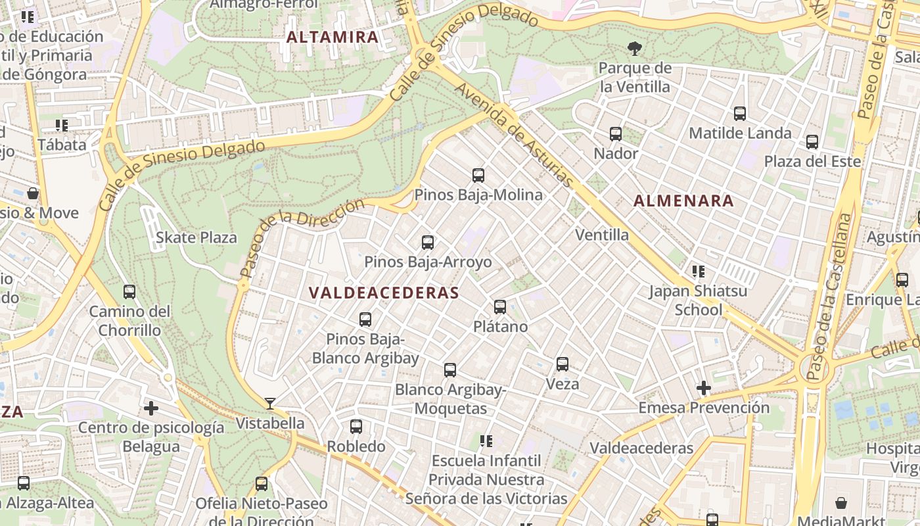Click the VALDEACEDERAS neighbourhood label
click(x=383, y=293)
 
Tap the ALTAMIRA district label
click(x=333, y=37)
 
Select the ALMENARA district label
click(x=683, y=201)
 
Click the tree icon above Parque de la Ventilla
click(x=635, y=48)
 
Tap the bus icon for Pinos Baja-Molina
click(x=478, y=176)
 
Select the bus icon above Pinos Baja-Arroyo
click(x=428, y=243)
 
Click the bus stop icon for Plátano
click(x=500, y=307)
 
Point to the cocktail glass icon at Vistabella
click(x=270, y=404)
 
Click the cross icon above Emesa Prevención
click(x=704, y=388)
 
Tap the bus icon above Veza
click(x=563, y=364)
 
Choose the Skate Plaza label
click(x=196, y=237)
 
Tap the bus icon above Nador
click(x=616, y=134)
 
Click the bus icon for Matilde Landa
click(x=740, y=114)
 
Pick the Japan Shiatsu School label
click(x=698, y=300)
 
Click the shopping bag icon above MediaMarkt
click(x=841, y=503)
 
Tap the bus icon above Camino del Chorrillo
click(x=129, y=292)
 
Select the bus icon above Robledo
click(x=356, y=427)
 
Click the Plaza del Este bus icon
click(x=812, y=142)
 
